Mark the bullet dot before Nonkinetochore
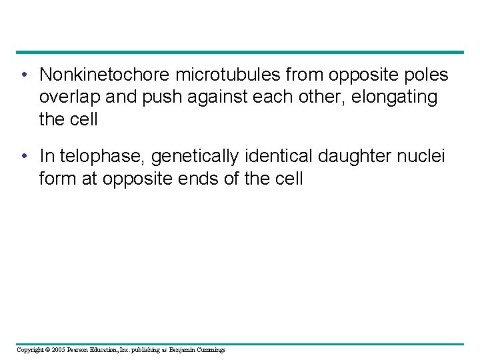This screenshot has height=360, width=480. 24,75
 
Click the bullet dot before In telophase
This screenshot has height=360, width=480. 24,157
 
